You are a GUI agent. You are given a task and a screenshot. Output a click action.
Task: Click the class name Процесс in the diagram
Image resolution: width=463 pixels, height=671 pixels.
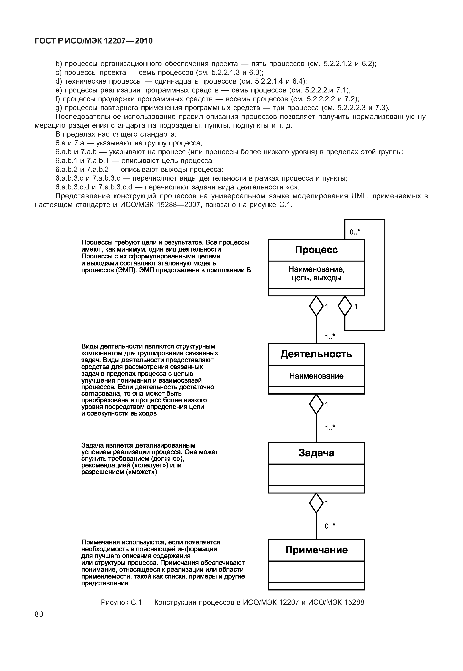[316, 250]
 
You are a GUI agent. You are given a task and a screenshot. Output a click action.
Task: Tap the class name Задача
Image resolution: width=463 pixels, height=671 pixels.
[316, 453]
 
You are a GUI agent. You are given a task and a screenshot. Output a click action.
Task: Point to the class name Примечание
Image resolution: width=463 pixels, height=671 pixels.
[316, 550]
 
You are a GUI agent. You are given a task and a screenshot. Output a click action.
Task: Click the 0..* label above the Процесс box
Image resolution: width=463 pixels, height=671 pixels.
[355, 232]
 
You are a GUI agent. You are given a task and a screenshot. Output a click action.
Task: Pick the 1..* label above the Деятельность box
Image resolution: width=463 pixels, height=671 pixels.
[330, 337]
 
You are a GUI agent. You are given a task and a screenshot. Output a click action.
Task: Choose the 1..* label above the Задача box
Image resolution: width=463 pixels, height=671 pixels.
[330, 428]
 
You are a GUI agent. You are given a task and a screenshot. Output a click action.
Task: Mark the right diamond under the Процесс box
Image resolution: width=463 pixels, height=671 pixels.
[345, 306]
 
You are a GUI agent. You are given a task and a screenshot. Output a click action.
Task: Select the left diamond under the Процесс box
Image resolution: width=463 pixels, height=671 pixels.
[316, 306]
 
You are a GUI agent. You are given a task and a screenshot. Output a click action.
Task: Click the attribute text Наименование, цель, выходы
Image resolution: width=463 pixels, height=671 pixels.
[316, 274]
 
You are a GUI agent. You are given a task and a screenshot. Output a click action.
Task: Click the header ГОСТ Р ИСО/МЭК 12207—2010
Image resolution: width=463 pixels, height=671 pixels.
[93, 41]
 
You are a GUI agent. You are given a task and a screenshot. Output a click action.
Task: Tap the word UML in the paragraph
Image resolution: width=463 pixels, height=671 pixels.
[359, 196]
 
